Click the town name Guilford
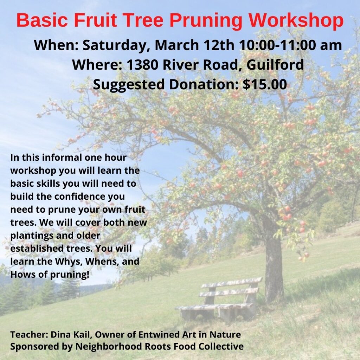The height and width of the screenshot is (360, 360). click(275, 65)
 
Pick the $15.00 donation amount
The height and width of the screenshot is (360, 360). click(265, 84)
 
